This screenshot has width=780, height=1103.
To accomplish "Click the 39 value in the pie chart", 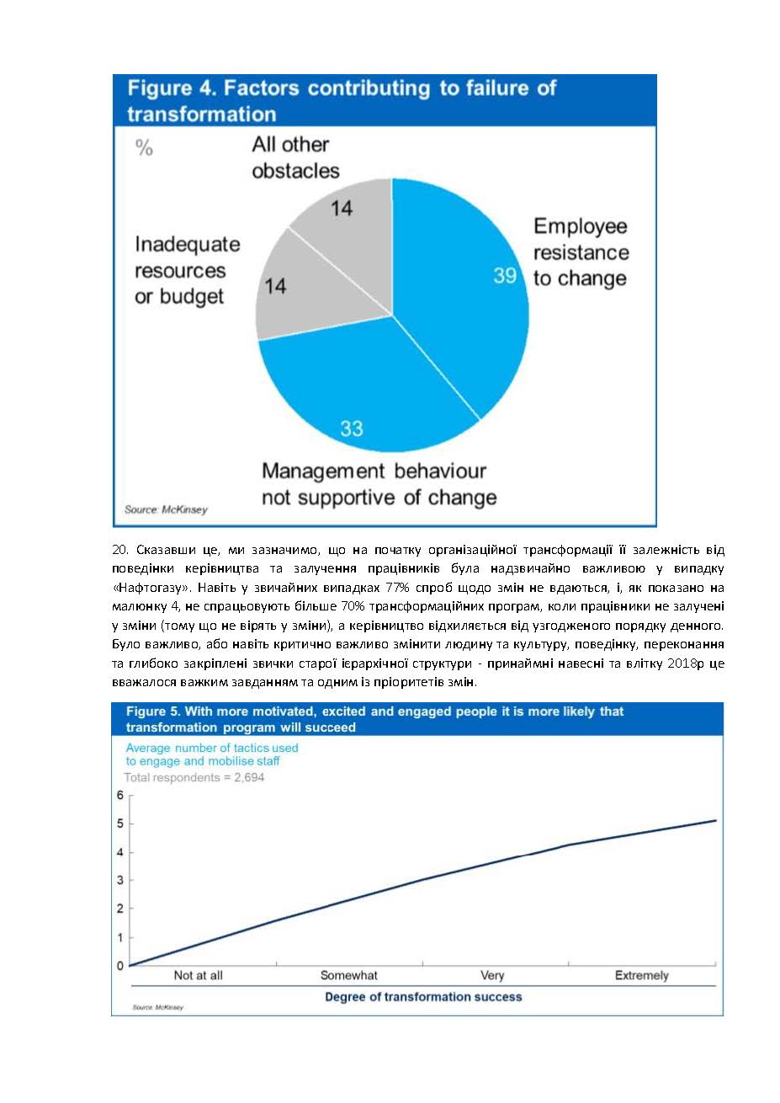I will pyautogui.click(x=505, y=275).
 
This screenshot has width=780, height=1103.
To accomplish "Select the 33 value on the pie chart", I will pyautogui.click(x=352, y=429).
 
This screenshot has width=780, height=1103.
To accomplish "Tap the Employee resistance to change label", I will pyautogui.click(x=581, y=253).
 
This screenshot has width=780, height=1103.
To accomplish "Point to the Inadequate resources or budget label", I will pyautogui.click(x=187, y=270).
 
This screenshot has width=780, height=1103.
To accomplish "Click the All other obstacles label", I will pyautogui.click(x=295, y=157).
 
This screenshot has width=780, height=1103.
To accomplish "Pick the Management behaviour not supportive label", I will pyautogui.click(x=379, y=484).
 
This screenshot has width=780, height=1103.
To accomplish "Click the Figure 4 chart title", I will pyautogui.click(x=342, y=101).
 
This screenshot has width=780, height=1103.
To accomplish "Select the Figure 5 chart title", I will pyautogui.click(x=374, y=719).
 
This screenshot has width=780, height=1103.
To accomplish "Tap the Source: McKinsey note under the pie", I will pyautogui.click(x=166, y=509).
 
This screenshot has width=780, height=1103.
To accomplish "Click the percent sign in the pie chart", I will pyautogui.click(x=144, y=148).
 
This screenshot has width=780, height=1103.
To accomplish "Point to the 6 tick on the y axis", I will pyautogui.click(x=120, y=796).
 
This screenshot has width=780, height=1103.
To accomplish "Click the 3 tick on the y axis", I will pyautogui.click(x=120, y=881).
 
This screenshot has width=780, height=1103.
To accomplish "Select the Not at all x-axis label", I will pyautogui.click(x=199, y=975).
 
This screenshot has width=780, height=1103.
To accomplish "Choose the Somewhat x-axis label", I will pyautogui.click(x=349, y=975).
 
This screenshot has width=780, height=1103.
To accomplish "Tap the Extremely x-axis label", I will pyautogui.click(x=642, y=975).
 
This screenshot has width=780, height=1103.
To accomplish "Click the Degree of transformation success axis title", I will pyautogui.click(x=423, y=997).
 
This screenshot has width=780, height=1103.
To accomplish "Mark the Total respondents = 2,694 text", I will pyautogui.click(x=194, y=778).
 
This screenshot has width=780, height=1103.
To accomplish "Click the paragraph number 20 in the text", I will pyautogui.click(x=119, y=550).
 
